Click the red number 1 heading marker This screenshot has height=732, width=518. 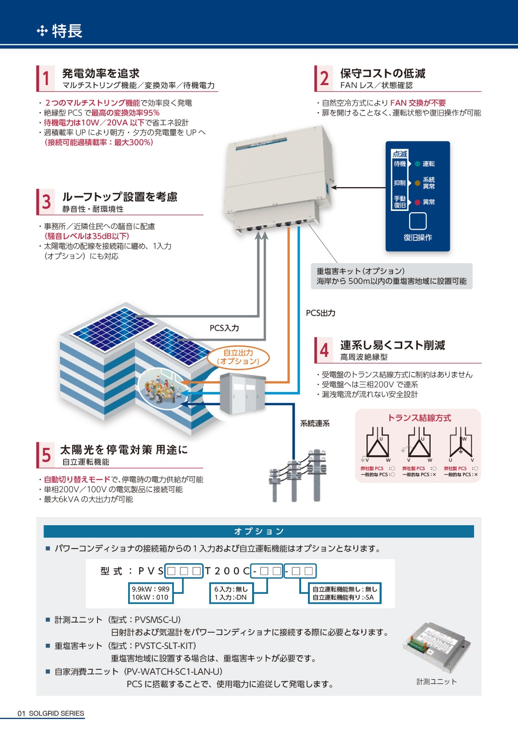[x=46, y=78]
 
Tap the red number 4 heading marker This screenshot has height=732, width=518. [x=324, y=350]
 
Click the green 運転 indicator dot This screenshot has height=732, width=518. [x=417, y=164]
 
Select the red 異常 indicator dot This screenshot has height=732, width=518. [x=417, y=202]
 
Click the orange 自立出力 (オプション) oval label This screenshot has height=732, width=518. [x=238, y=357]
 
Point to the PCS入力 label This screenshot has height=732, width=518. [x=224, y=328]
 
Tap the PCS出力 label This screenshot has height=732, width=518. [x=320, y=313]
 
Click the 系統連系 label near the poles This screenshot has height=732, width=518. [x=315, y=424]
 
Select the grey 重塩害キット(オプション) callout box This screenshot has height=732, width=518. [x=391, y=276]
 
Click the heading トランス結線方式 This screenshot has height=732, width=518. [x=419, y=418]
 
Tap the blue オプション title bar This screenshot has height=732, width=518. [x=259, y=531]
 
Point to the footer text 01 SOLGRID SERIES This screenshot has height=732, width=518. [x=51, y=713]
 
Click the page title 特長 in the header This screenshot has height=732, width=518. [x=67, y=31]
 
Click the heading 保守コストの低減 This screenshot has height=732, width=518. [x=383, y=73]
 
